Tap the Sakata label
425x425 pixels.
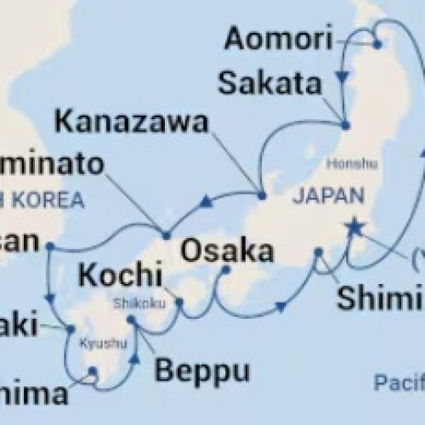click(x=269, y=83)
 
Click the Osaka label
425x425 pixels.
click(x=227, y=252)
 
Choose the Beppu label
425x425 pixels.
click(x=201, y=371)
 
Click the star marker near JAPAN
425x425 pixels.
click(x=350, y=227)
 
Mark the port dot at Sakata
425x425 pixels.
click(x=345, y=124)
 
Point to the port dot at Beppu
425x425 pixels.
click(x=132, y=321)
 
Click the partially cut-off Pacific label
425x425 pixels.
click(x=399, y=383)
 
